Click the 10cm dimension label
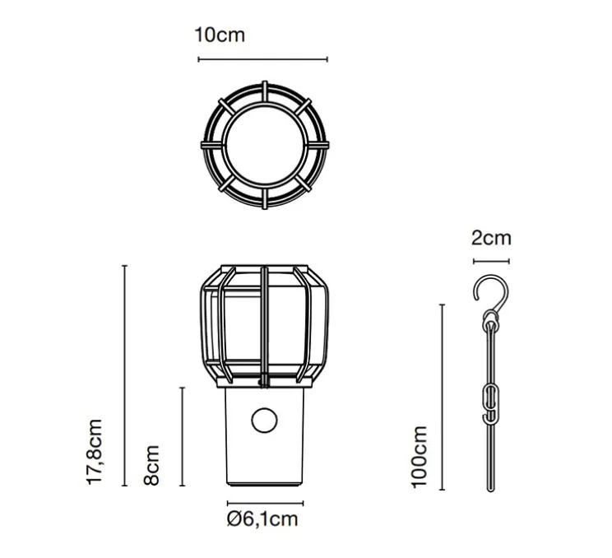220,35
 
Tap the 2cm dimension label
491,239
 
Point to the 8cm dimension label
152,463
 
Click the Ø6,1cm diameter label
263,518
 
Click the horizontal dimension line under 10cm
262,59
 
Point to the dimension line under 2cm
491,262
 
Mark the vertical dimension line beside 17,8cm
124,375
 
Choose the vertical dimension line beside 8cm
181,436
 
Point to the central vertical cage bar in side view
263,325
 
